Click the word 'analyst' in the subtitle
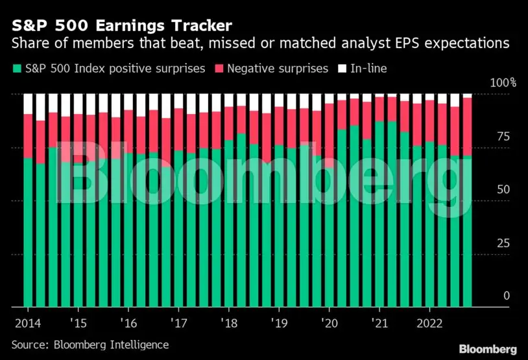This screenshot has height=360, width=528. pos(342,44)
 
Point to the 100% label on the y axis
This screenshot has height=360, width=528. pos(503,83)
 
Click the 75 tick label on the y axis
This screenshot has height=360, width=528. pos(499,136)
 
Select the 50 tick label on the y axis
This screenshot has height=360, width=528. pos(499,190)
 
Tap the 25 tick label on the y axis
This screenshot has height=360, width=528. pos(499,243)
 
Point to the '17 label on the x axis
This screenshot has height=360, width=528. pos(179,323)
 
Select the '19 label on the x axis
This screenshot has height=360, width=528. pos(279,323)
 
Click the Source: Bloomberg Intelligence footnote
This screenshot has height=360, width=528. pos(90,345)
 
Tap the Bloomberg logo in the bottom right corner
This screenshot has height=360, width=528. pos(488,349)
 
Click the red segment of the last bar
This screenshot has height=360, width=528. pos(467,126)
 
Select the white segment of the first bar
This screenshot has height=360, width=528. pos(28,103)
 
